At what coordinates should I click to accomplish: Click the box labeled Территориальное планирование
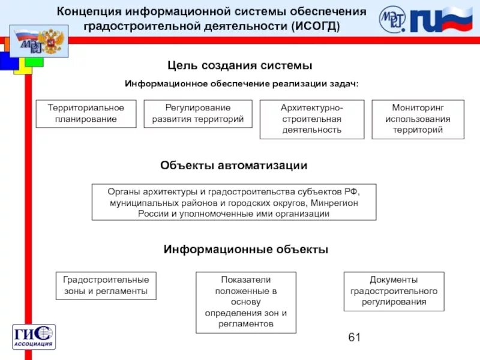pyautogui.click(x=86, y=113)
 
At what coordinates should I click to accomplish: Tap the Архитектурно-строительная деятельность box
pyautogui.click(x=311, y=119)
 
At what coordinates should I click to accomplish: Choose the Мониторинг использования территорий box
pyautogui.click(x=418, y=119)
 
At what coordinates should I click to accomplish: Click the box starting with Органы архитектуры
pyautogui.click(x=233, y=202)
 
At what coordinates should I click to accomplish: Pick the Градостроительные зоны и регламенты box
pyautogui.click(x=106, y=286)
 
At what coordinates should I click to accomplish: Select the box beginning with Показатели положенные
pyautogui.click(x=246, y=302)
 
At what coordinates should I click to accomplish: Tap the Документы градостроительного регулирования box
pyautogui.click(x=394, y=291)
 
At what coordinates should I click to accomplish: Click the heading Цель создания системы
pyautogui.click(x=239, y=65)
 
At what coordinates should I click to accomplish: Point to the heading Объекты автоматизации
pyautogui.click(x=234, y=166)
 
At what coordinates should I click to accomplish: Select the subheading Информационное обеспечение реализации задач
pyautogui.click(x=241, y=84)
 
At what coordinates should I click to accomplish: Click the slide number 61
pyautogui.click(x=354, y=338)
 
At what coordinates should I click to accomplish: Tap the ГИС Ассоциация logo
pyautogui.click(x=34, y=337)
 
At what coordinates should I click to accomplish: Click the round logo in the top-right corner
pyautogui.click(x=392, y=19)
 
